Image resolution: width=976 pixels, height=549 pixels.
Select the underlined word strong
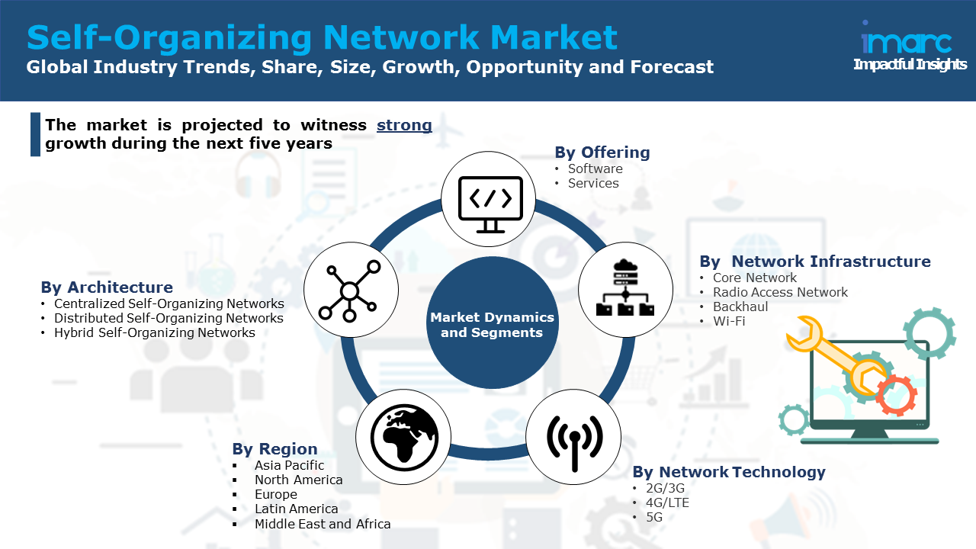click(x=404, y=125)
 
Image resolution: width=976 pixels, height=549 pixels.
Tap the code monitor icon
click(x=490, y=200)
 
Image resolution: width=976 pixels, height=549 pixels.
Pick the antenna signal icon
click(x=574, y=440)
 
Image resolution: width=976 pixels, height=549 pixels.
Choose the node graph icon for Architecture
click(x=351, y=290)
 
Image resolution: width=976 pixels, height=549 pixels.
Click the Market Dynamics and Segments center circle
click(x=492, y=324)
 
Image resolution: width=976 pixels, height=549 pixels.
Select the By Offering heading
click(x=602, y=152)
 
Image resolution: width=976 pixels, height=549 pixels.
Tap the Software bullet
click(x=595, y=169)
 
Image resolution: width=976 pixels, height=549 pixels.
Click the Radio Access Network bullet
click(x=780, y=292)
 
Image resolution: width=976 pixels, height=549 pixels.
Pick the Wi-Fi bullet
click(x=729, y=321)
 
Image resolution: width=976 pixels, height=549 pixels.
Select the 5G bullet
click(x=654, y=517)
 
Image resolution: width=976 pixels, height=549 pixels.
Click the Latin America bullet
click(x=296, y=509)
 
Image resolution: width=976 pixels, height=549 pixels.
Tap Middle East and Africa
click(x=323, y=524)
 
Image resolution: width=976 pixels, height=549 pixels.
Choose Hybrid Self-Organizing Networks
click(x=154, y=332)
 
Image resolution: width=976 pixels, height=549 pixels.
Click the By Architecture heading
click(x=107, y=287)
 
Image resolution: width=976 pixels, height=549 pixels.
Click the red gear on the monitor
click(x=895, y=395)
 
